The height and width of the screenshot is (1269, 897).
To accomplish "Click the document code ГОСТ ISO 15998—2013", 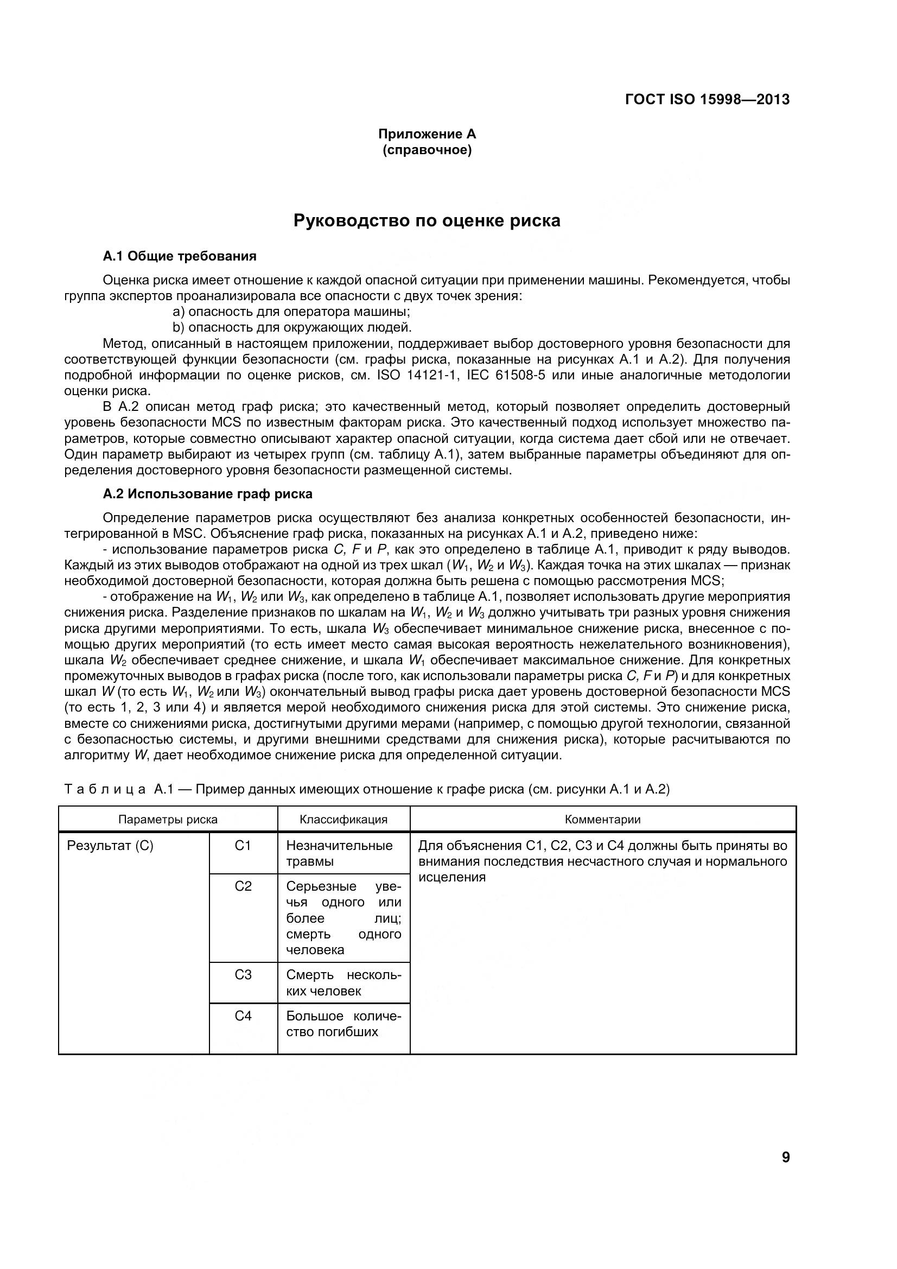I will [x=707, y=99].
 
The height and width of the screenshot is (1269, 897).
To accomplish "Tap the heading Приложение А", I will [x=427, y=134].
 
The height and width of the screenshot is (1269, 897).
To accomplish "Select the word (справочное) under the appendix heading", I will [x=427, y=150].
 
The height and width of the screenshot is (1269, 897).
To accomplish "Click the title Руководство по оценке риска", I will [x=427, y=220].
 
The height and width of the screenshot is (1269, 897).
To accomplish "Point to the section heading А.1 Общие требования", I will [x=180, y=256].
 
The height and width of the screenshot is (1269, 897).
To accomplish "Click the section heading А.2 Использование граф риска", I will [x=207, y=493].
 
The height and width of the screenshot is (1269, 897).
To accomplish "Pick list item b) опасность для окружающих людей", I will [x=292, y=327].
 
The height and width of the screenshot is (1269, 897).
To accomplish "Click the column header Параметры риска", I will [x=168, y=819].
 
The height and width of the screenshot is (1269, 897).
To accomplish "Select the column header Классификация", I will [x=343, y=819].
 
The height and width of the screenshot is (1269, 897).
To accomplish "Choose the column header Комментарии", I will [x=602, y=819].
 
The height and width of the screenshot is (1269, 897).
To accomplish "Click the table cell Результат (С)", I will [x=110, y=846].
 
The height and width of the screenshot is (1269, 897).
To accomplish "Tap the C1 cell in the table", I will [x=243, y=846].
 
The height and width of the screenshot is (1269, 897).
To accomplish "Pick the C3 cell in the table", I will [x=243, y=975].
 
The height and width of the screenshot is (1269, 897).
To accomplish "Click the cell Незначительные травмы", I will [x=339, y=853].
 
